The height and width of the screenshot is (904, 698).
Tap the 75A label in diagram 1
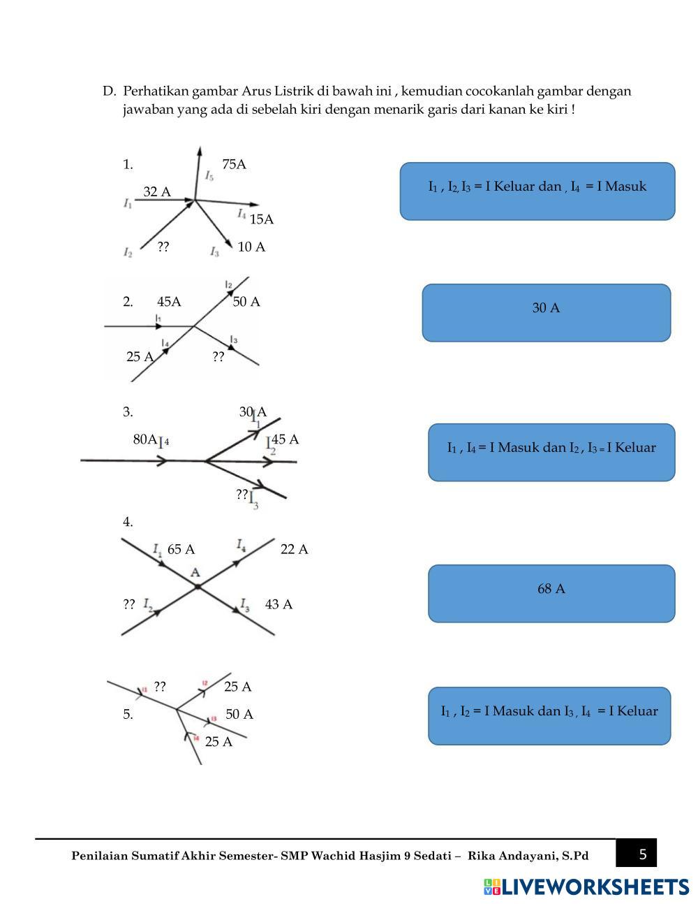click(x=234, y=165)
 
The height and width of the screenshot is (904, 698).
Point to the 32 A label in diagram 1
click(x=157, y=192)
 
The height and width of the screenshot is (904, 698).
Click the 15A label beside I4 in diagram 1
click(x=262, y=220)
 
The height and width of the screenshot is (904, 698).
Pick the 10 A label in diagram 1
click(x=251, y=247)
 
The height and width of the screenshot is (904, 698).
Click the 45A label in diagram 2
click(x=169, y=302)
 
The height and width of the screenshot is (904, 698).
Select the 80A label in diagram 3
click(x=144, y=439)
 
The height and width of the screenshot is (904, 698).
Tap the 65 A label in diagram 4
click(x=181, y=550)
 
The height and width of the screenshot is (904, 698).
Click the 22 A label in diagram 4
click(x=294, y=550)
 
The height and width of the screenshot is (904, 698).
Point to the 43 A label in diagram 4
click(x=279, y=604)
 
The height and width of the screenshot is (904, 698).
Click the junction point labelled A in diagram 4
click(x=198, y=587)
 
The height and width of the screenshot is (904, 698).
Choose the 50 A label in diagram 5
click(x=239, y=715)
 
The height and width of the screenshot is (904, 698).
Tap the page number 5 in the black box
click(x=643, y=854)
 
